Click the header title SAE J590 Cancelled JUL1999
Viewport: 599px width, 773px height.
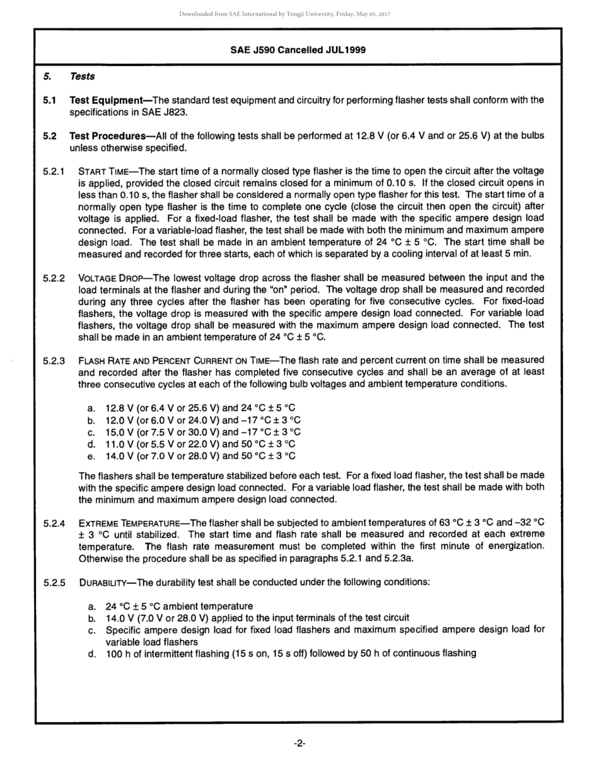298,50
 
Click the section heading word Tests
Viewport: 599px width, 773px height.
82,76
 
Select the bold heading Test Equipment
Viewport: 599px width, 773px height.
106,100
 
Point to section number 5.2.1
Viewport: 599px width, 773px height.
54,171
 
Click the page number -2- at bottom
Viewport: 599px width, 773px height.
299,743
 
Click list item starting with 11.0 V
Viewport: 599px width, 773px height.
201,444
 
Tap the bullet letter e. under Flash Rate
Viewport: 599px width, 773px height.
91,456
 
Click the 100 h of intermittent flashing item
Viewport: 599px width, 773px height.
291,653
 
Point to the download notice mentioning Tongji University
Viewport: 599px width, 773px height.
285,14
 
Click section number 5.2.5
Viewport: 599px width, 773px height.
54,583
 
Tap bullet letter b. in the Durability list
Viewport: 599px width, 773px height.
92,618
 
